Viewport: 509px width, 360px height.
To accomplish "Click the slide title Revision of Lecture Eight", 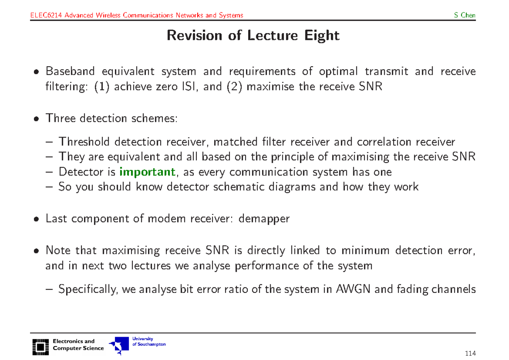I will tap(253, 35).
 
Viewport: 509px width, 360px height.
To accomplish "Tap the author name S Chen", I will tap(464, 16).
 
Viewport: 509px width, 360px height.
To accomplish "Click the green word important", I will tap(147, 172).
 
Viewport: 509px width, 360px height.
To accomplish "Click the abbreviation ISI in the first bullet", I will tap(187, 87).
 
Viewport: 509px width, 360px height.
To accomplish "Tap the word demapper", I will tap(264, 219).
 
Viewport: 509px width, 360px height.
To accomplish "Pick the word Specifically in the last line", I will tap(89, 290).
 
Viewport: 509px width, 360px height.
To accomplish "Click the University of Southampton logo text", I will tap(149, 342).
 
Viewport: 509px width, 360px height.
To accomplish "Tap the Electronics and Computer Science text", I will tap(78, 345).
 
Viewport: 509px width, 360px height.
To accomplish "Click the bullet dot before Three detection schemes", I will tap(37, 119).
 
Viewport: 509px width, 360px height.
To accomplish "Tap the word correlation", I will tap(386, 141).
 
